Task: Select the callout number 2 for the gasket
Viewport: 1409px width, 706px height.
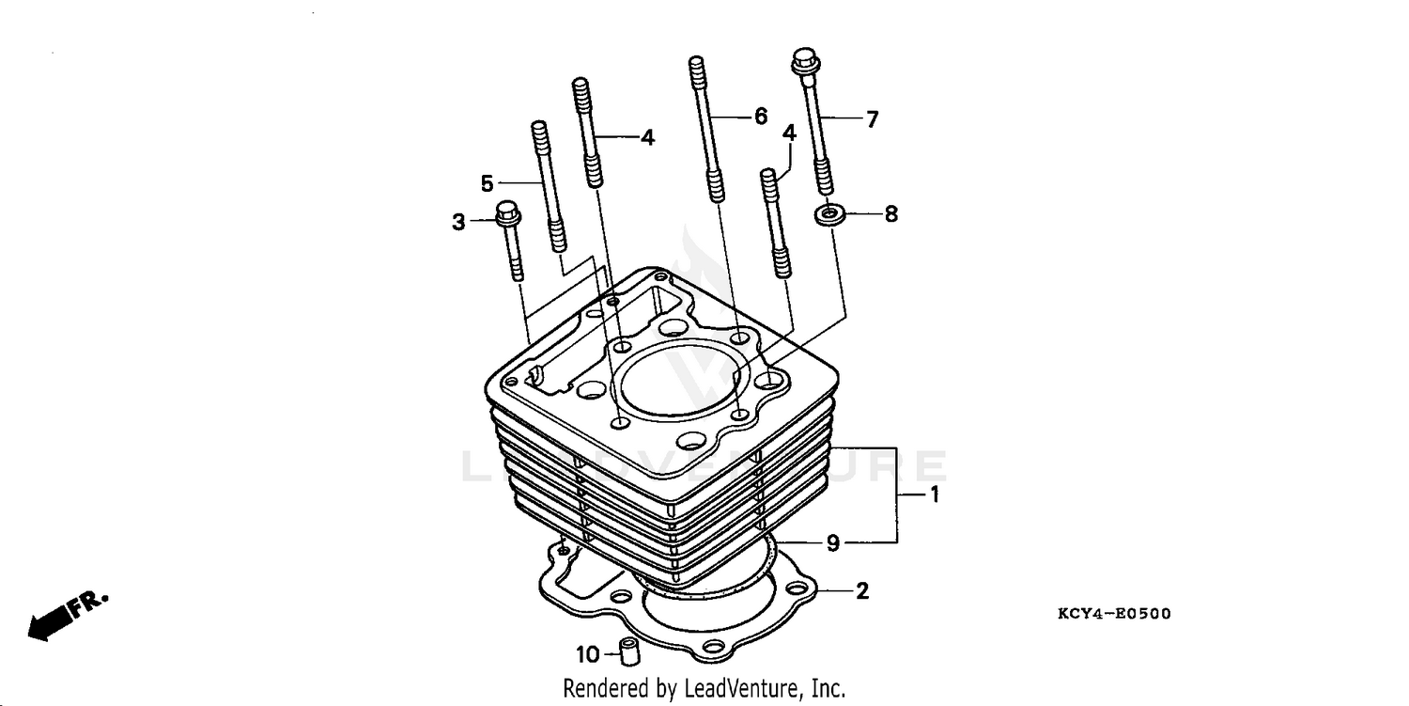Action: [x=861, y=591]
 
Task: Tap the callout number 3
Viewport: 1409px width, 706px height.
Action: [x=458, y=223]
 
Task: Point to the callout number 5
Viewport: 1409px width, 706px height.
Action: [x=487, y=182]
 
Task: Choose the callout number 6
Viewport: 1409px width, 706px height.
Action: [x=760, y=117]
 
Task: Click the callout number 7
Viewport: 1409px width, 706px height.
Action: [x=872, y=119]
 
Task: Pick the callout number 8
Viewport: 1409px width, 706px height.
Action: [x=890, y=214]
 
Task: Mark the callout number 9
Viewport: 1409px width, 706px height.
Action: [x=832, y=543]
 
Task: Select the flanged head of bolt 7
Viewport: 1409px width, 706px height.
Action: [x=805, y=62]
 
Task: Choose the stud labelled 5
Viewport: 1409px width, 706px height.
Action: [x=549, y=188]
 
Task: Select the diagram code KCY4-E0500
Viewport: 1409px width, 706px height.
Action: [x=1114, y=615]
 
